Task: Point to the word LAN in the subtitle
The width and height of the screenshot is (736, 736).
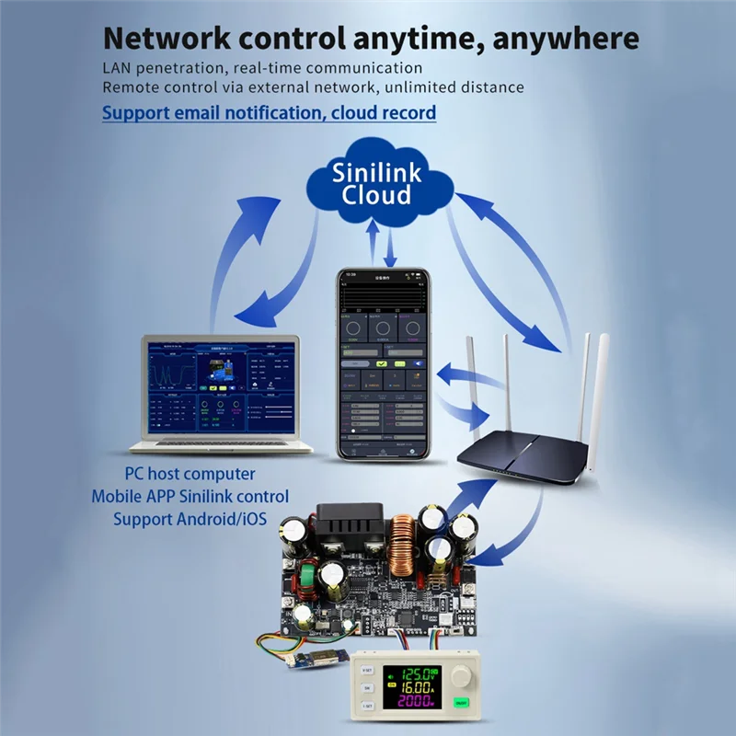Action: pyautogui.click(x=119, y=68)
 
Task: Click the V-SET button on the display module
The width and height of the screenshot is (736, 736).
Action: pyautogui.click(x=367, y=669)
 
